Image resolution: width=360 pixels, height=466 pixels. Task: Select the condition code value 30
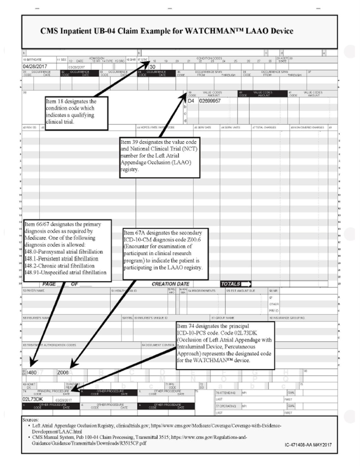tap(152, 67)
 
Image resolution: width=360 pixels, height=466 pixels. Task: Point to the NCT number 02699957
tap(210, 100)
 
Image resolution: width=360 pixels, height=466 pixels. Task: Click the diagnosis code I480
tap(32, 372)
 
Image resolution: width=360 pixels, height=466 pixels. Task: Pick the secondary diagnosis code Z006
tap(63, 372)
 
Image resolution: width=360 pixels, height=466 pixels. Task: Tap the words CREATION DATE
tap(170, 284)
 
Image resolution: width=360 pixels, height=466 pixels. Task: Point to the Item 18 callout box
tap(76, 112)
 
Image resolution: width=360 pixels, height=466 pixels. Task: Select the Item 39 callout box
tap(160, 157)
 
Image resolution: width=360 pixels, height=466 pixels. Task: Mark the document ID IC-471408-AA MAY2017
tap(308, 445)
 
